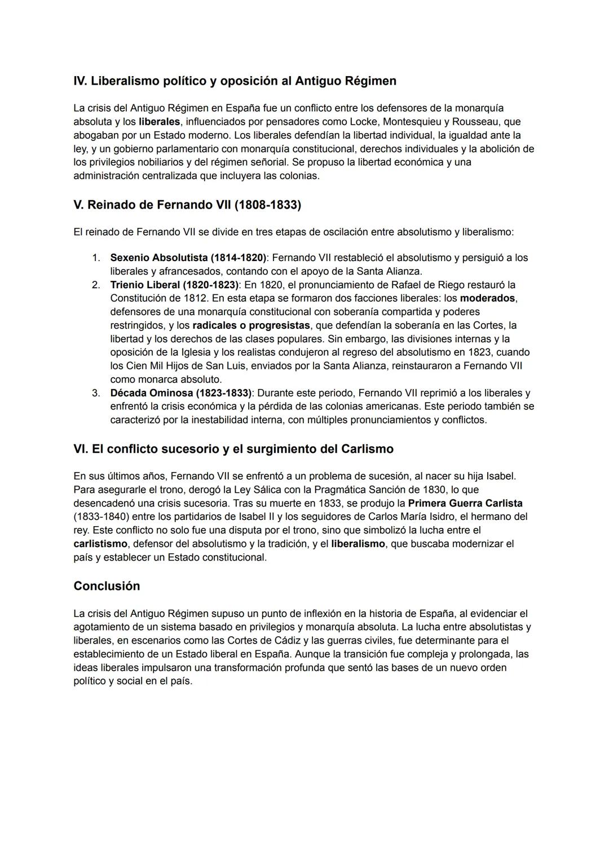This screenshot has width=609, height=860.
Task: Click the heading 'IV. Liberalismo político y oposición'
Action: [235, 81]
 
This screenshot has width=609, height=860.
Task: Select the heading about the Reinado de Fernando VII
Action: [187, 205]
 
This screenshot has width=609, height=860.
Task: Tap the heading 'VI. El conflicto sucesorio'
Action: [233, 449]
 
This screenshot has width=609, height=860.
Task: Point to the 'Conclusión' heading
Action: [107, 586]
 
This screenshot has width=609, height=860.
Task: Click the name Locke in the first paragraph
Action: [364, 122]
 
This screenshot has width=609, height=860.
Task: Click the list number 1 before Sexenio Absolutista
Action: [96, 258]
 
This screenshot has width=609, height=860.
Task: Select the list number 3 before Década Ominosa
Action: [96, 393]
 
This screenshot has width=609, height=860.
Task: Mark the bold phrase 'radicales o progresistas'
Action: [251, 325]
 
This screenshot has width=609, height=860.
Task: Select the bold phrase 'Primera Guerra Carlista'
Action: [465, 503]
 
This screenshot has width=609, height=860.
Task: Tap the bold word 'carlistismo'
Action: [100, 544]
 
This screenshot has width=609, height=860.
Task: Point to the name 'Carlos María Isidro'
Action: [411, 517]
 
